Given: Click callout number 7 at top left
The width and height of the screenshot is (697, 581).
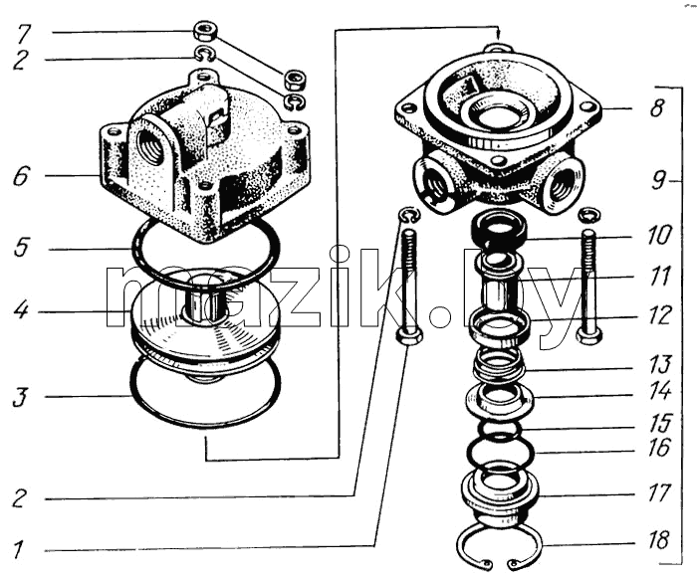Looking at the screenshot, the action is (22, 35).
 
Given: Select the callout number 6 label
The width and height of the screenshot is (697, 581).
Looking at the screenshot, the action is (21, 176).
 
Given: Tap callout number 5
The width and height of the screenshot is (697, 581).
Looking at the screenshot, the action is (21, 247).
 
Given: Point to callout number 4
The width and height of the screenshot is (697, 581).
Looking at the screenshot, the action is (21, 309).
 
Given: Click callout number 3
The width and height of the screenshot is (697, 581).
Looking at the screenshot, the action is (20, 397).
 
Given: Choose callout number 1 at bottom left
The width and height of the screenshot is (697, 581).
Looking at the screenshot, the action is (18, 550).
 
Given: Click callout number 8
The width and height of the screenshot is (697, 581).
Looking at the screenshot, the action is (657, 107).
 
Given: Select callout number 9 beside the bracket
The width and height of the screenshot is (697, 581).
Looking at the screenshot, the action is (658, 180).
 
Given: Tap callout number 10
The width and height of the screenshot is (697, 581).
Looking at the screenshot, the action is (658, 235).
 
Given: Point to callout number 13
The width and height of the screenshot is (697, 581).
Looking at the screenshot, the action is (659, 365).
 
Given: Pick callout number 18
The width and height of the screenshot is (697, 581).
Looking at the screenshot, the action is (658, 539).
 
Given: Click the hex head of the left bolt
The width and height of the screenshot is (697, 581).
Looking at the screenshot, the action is (407, 336).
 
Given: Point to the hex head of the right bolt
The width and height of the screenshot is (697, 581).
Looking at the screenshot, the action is (589, 335).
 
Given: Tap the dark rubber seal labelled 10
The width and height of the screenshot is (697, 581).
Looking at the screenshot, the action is (499, 228).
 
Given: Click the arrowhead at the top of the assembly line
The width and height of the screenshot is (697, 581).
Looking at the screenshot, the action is (499, 33).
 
